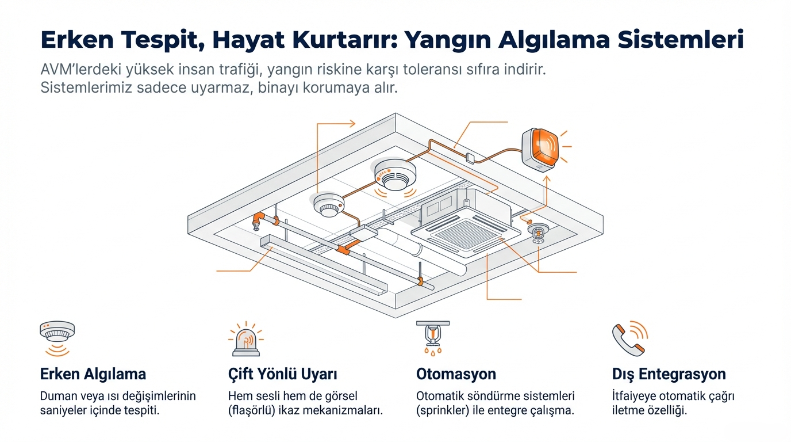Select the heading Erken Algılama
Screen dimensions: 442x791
point(93,374)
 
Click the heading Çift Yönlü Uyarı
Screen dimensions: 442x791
point(282,374)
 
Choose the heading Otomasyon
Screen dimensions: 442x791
point(456,374)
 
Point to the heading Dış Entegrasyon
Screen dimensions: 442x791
point(669,374)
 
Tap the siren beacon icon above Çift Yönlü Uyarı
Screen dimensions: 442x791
point(245,340)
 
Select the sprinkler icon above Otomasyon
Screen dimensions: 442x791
point(433,337)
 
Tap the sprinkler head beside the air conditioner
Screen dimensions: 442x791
point(539,234)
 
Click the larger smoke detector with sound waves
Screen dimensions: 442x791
point(394,174)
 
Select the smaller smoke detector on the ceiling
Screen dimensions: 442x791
point(329,205)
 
